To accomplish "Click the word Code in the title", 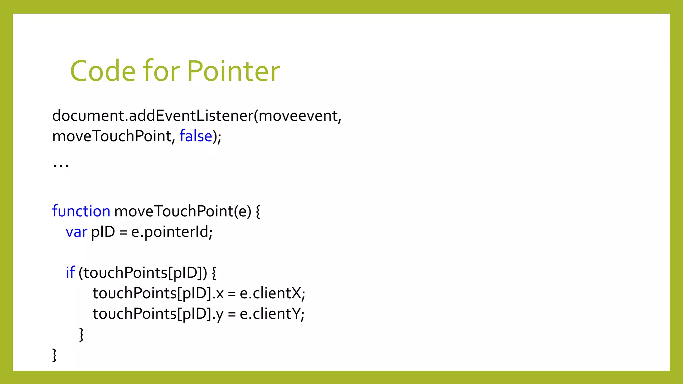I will coord(103,71).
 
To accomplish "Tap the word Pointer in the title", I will coord(233,71).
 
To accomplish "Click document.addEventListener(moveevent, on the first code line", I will coord(197,116).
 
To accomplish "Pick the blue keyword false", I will coord(196,136).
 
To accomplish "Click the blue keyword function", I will coord(81,211).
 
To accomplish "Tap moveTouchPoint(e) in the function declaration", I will coord(183,211).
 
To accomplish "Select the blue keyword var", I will coord(76,232).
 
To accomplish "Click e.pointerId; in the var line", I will coord(172,232).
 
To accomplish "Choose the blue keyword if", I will coord(70,273).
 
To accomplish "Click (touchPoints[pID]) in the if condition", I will coord(143,273).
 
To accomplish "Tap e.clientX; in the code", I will coord(272,293).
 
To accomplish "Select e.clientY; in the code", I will coord(272,314).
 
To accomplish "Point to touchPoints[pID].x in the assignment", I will coord(158,293).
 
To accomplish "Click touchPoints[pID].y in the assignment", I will coord(158,314).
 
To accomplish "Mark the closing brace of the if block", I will coord(81,334).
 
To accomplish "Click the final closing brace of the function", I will coord(54,355).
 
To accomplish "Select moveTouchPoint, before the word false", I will coord(114,136).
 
